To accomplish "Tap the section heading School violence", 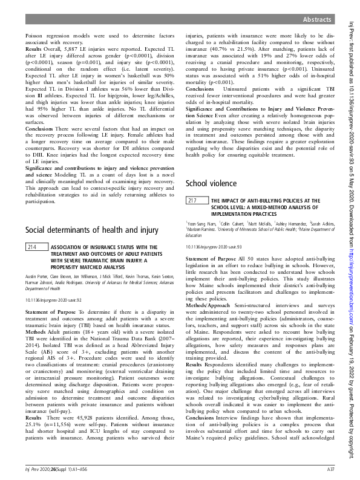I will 213,183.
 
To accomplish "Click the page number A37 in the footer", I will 330,469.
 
